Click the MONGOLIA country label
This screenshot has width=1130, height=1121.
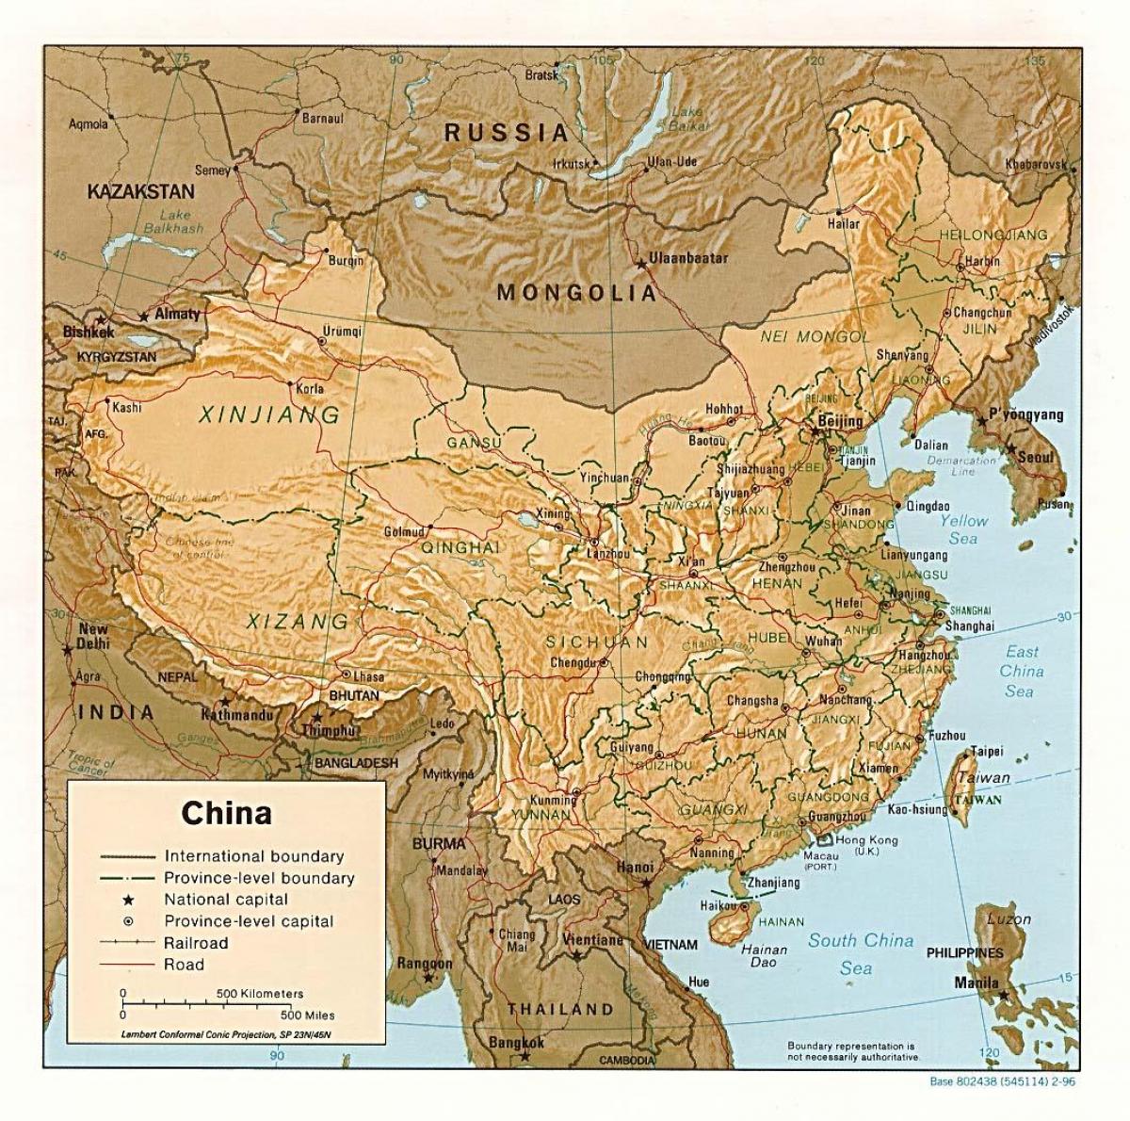(x=576, y=292)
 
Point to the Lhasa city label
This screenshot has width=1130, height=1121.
(x=368, y=675)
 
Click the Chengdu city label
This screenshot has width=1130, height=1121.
(x=573, y=662)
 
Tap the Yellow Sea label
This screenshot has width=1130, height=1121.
(x=962, y=529)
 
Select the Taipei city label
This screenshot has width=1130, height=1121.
(x=987, y=751)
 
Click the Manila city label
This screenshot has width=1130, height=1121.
(x=977, y=983)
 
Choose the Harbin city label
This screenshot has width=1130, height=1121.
(x=982, y=260)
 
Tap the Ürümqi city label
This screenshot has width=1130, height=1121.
(x=342, y=331)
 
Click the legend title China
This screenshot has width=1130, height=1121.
(x=227, y=812)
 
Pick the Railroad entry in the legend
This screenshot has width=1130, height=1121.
(x=196, y=942)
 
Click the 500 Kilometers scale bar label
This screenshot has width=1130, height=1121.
(x=260, y=994)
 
